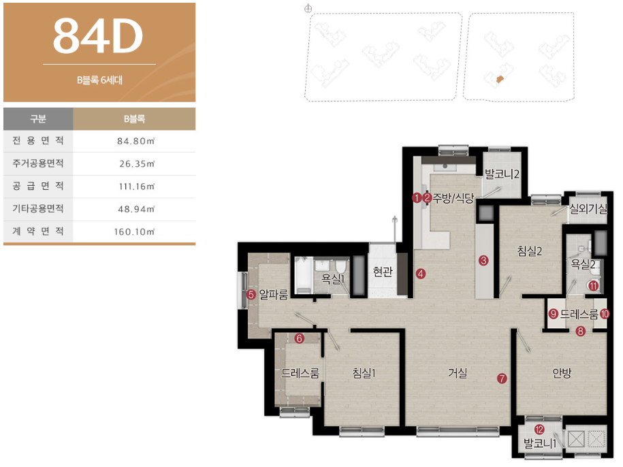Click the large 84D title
click(98, 35)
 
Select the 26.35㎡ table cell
click(137, 163)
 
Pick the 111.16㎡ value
click(137, 187)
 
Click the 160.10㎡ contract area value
click(134, 231)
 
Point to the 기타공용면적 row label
click(38, 208)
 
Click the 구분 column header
click(38, 118)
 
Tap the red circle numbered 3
click(483, 261)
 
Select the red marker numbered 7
click(502, 379)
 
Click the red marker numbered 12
click(539, 430)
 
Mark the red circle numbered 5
click(251, 295)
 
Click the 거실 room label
click(458, 373)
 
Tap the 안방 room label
click(562, 373)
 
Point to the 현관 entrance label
click(383, 272)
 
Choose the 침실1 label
click(364, 373)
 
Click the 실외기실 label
click(588, 208)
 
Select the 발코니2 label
click(502, 174)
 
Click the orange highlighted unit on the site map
click(500, 80)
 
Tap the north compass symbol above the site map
click(308, 9)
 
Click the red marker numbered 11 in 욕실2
click(594, 285)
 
